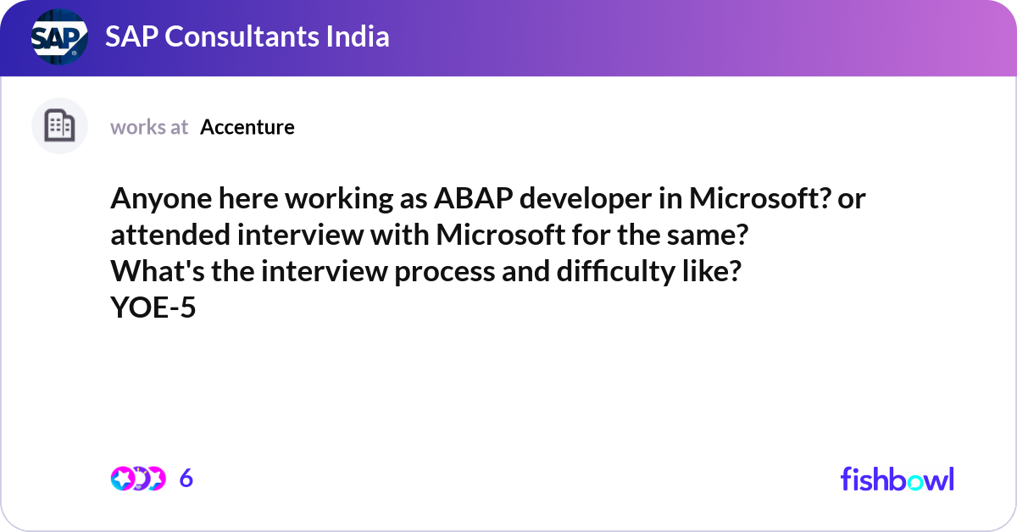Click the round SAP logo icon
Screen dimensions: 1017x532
tap(59, 36)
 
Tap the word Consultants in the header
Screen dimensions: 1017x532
tap(242, 36)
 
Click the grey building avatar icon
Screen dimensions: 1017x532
tap(59, 125)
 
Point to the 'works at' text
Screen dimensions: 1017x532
tap(149, 127)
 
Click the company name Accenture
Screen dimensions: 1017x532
tap(247, 127)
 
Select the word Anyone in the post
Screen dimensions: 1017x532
tap(161, 199)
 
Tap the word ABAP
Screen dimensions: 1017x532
tap(474, 198)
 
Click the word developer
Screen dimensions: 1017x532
tap(586, 199)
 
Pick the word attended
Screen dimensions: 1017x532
tap(170, 235)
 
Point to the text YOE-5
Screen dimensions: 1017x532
tap(153, 308)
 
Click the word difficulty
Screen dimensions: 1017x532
tap(616, 272)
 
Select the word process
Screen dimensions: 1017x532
tap(444, 272)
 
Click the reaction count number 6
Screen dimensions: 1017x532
tap(186, 478)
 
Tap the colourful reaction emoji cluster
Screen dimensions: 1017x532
tap(138, 479)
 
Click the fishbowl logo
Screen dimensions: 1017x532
tap(898, 479)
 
